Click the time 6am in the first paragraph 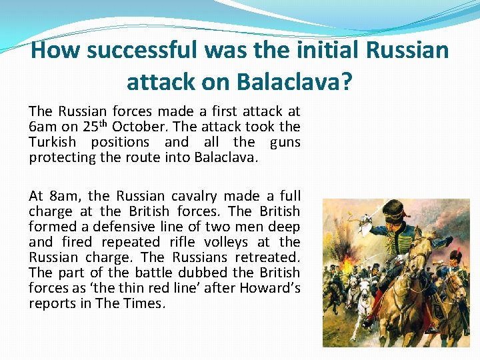point(43,127)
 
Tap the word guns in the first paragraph point(285,142)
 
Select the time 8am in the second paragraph point(64,196)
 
